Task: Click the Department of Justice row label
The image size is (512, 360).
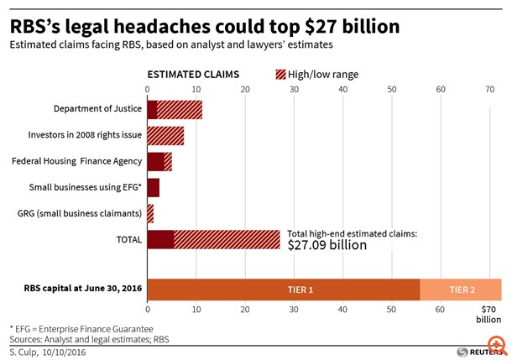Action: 97,109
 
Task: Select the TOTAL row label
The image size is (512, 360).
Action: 128,239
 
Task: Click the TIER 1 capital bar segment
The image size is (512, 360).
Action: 283,289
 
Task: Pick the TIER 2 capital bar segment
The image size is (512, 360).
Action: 460,289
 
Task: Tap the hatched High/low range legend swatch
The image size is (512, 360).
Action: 280,75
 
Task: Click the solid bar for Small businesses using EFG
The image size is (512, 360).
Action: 153,187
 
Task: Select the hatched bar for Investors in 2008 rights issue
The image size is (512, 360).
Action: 165,136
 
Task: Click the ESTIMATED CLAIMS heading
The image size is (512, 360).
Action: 193,75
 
